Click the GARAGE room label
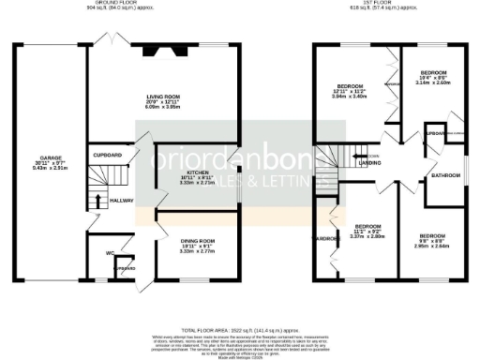(52, 158)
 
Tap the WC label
(111, 253)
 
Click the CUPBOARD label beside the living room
(109, 156)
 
